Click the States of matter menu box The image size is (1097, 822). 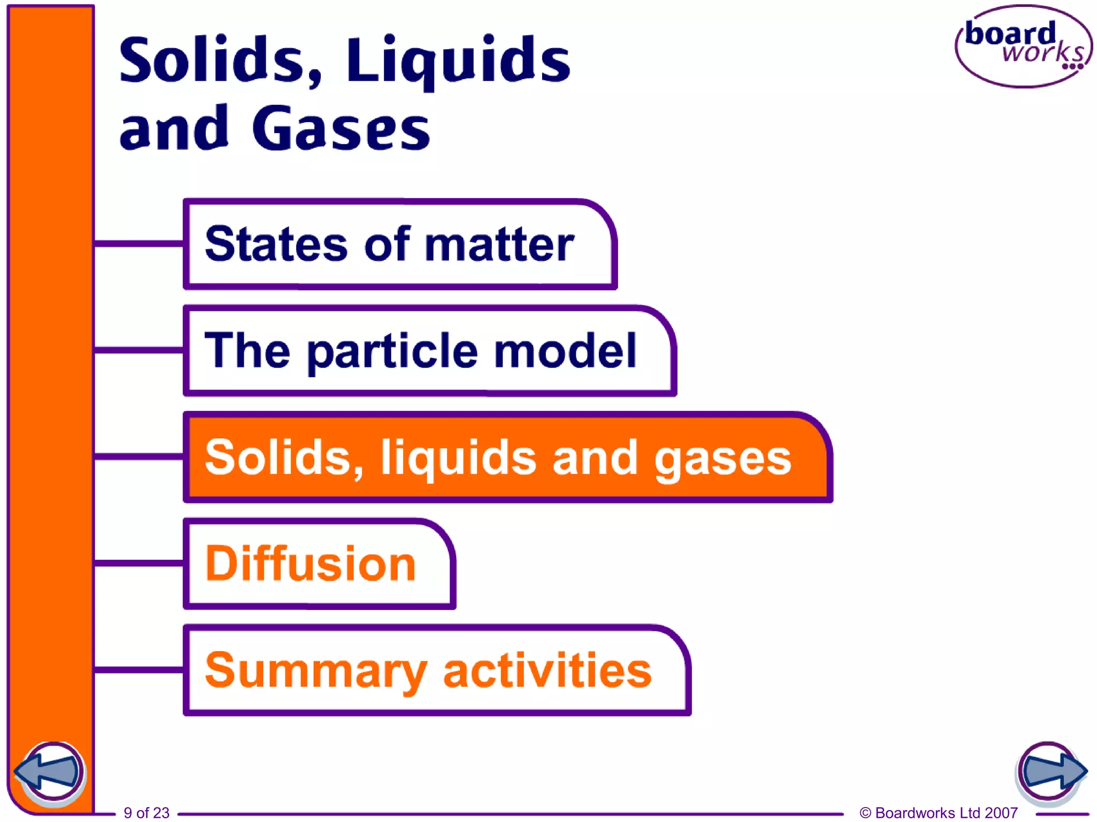399,244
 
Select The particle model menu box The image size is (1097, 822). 429,351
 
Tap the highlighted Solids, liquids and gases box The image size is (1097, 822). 506,456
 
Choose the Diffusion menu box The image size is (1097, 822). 319,563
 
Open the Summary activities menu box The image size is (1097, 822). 437,669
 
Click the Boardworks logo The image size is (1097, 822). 1024,47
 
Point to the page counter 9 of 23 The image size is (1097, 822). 146,812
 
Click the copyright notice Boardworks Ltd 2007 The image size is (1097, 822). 938,812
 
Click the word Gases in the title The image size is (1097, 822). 341,128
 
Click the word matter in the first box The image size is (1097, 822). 499,245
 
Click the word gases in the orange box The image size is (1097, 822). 723,459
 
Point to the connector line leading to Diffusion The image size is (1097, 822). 139,563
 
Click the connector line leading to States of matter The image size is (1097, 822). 139,244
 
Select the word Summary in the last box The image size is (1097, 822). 316,671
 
